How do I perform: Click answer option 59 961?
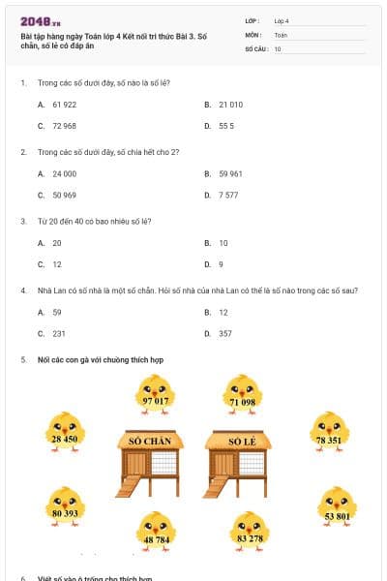coord(230,173)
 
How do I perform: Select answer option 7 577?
coord(228,195)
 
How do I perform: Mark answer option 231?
coord(59,333)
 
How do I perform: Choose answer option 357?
coord(225,333)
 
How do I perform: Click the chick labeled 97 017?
coord(155,395)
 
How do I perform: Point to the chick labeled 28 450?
coord(64,433)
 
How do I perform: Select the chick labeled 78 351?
coord(329,433)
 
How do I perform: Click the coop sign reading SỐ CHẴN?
coord(150,442)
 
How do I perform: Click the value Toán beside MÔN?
coord(281,34)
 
